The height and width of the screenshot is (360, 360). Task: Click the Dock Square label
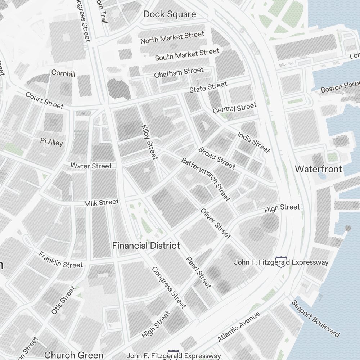(170, 14)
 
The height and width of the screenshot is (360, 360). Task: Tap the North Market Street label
(172, 37)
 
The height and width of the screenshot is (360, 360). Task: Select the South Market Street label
(187, 54)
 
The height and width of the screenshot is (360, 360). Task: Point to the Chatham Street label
(179, 72)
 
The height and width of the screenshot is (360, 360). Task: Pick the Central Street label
(234, 108)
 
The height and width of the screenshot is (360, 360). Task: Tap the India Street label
(253, 142)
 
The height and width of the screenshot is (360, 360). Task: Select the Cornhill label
(63, 73)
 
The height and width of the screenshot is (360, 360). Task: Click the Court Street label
(44, 100)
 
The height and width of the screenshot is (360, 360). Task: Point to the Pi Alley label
(51, 142)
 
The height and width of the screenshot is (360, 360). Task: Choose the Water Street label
(91, 166)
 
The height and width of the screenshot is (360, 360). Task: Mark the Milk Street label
(101, 203)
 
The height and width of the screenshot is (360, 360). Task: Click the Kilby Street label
(150, 142)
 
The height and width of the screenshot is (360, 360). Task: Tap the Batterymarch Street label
(205, 179)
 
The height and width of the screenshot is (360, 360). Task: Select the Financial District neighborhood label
(146, 246)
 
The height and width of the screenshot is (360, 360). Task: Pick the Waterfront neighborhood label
(318, 169)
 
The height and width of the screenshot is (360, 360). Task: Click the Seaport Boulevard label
(315, 319)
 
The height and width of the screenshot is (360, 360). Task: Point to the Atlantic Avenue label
(238, 327)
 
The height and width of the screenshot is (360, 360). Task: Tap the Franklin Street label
(60, 260)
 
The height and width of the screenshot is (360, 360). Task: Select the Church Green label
(73, 355)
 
